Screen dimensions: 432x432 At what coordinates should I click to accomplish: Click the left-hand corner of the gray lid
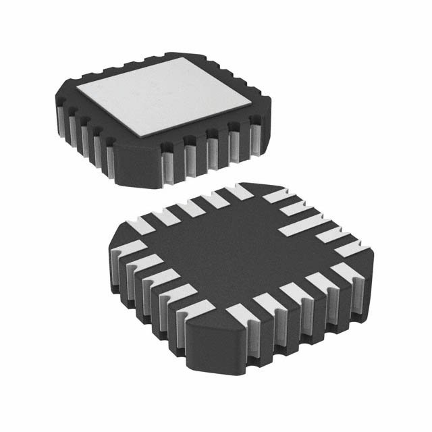click(x=76, y=89)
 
